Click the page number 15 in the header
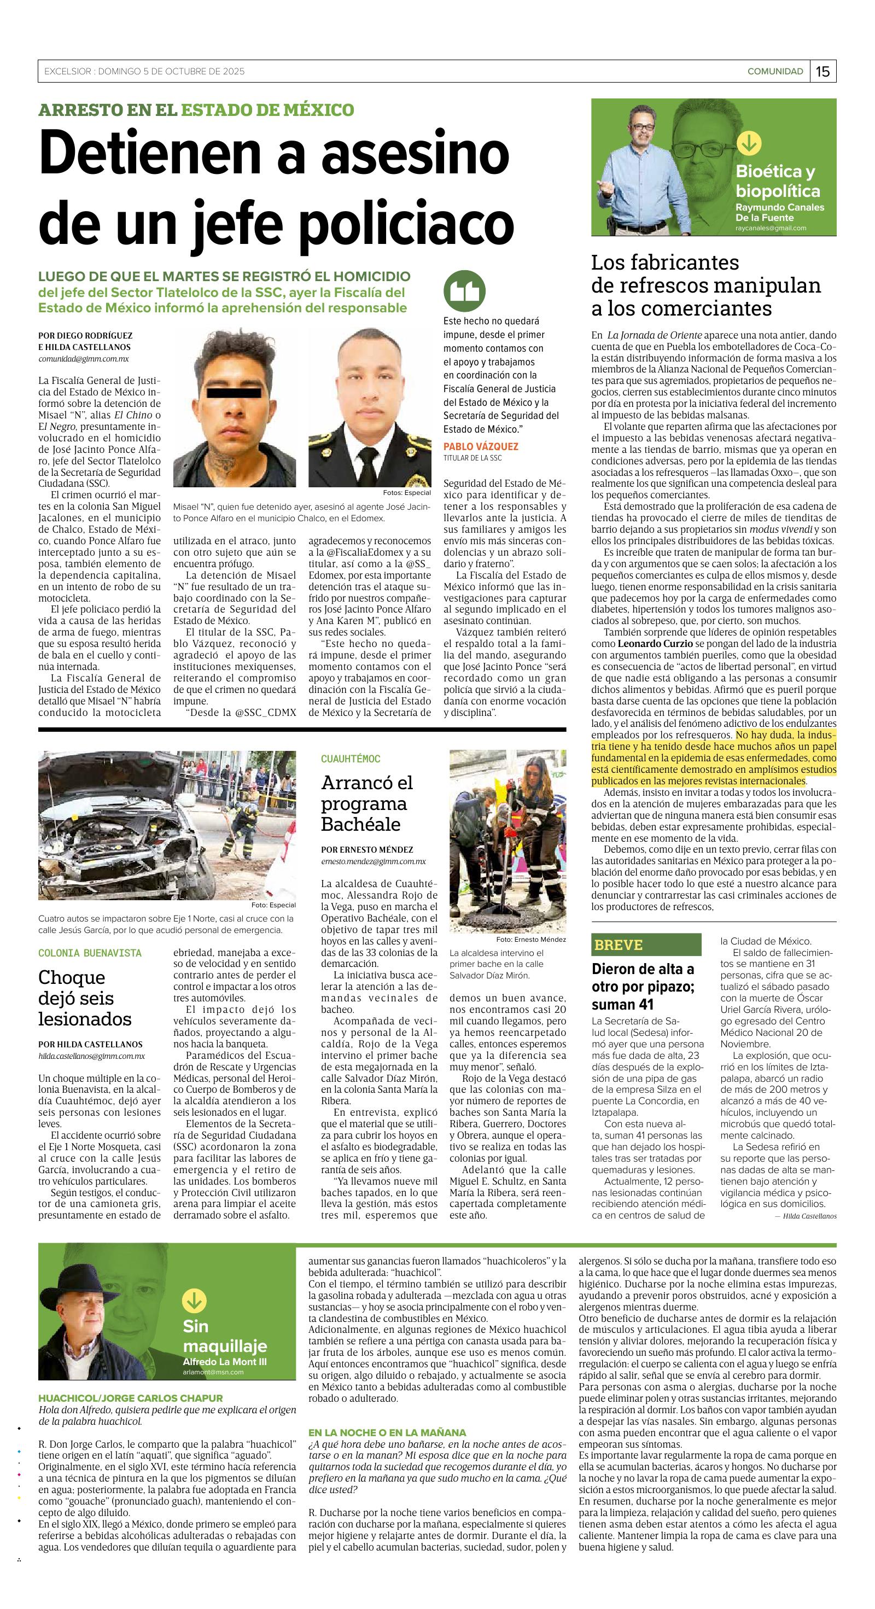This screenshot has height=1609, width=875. click(x=823, y=71)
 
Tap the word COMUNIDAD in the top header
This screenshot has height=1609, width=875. click(x=775, y=71)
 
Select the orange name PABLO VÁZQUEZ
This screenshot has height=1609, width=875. click(x=481, y=446)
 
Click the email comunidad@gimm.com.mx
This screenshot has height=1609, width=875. click(x=83, y=359)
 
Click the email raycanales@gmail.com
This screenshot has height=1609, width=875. click(x=771, y=228)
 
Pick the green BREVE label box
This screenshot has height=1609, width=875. click(x=646, y=945)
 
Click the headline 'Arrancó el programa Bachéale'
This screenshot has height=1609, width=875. click(x=367, y=803)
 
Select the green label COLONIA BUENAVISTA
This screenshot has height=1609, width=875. click(x=90, y=953)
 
